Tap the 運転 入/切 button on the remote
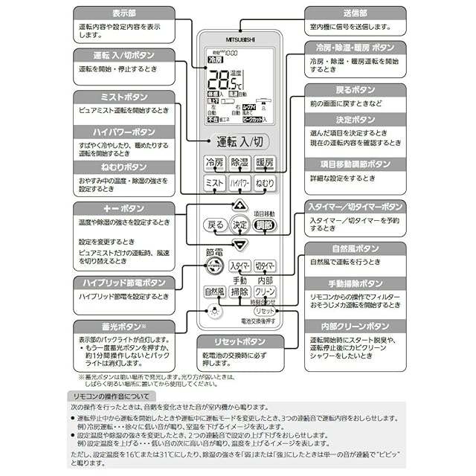tap(239, 142)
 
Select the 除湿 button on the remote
tap(239, 163)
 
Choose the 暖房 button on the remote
tap(264, 163)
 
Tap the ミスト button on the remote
tap(214, 183)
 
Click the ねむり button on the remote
tap(264, 183)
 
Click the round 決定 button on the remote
tap(239, 225)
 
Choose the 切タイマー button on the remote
tap(265, 266)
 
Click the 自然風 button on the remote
tap(214, 292)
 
